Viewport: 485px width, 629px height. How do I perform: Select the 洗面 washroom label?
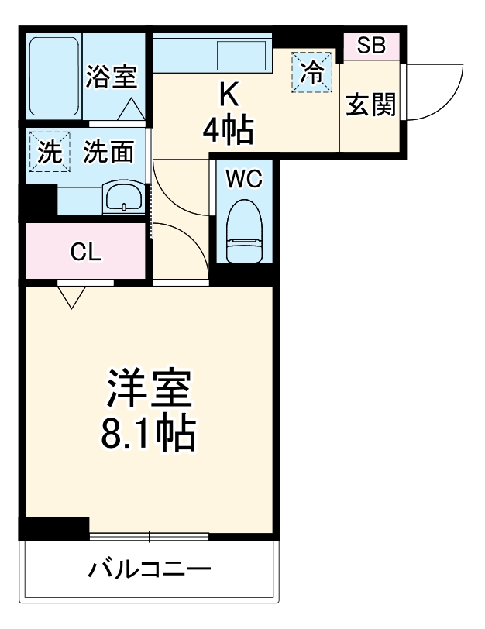[108, 152]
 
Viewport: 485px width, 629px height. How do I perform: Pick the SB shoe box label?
[370, 46]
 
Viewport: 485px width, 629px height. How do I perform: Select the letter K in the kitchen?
[228, 94]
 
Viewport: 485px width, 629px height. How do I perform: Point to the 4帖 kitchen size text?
[228, 132]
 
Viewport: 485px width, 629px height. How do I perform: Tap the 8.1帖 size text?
[147, 435]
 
